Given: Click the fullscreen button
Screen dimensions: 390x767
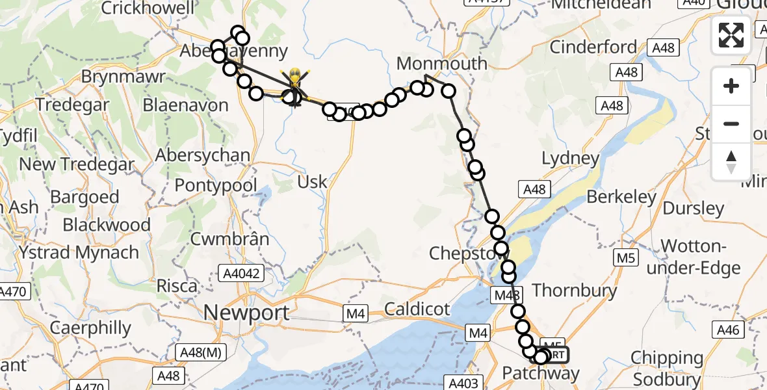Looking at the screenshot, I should (x=731, y=34).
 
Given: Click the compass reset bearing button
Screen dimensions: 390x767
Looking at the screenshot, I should (x=731, y=162).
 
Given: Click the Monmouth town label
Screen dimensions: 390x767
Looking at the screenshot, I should (x=441, y=64).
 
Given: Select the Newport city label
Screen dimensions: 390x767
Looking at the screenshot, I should (x=246, y=313).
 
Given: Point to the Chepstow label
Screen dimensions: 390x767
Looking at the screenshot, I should (x=462, y=253).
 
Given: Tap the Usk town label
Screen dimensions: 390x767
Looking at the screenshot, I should (x=312, y=182).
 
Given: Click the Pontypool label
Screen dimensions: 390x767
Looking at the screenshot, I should (x=216, y=185).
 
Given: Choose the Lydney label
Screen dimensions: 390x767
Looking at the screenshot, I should (x=570, y=159).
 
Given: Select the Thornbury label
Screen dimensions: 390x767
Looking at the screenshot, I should (x=574, y=290).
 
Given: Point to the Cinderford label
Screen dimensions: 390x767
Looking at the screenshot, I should (x=593, y=47).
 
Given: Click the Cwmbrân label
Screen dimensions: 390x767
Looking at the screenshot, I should (x=229, y=239).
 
